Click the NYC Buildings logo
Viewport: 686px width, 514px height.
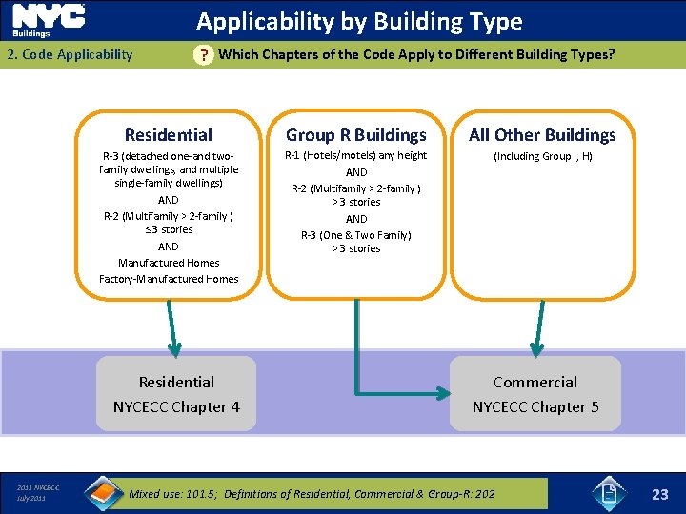48,19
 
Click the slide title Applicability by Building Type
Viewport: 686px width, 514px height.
359,21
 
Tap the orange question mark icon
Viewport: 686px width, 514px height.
203,55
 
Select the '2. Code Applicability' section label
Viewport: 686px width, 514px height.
70,54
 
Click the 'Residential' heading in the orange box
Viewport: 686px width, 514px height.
169,135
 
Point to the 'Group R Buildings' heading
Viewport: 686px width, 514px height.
356,135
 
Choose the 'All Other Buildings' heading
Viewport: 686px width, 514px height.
542,135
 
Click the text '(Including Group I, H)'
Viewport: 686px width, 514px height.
542,156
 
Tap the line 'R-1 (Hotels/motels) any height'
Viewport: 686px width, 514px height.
356,155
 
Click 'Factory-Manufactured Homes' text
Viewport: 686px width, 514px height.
169,279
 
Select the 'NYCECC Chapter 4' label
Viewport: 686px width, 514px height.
176,406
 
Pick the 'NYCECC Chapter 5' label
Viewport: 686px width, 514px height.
535,406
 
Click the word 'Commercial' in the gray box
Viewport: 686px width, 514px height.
535,382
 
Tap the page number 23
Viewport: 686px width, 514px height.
659,494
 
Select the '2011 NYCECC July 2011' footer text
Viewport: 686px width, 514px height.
38,493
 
